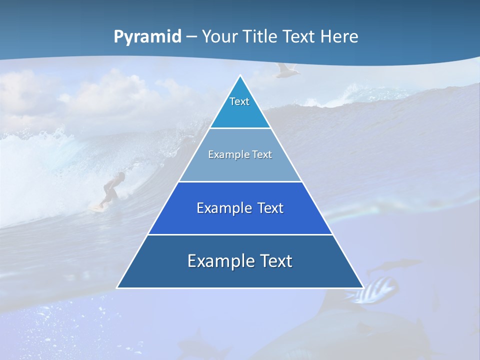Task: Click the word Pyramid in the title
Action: click(x=147, y=37)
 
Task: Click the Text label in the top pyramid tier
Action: click(x=239, y=101)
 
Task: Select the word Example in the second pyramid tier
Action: click(x=226, y=155)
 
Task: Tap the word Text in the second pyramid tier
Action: click(x=262, y=155)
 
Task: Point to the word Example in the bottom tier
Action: click(x=216, y=261)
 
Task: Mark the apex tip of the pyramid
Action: click(x=240, y=75)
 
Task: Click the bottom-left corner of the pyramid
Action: click(x=117, y=287)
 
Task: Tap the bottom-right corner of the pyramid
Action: click(x=363, y=287)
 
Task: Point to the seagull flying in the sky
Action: click(x=287, y=70)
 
